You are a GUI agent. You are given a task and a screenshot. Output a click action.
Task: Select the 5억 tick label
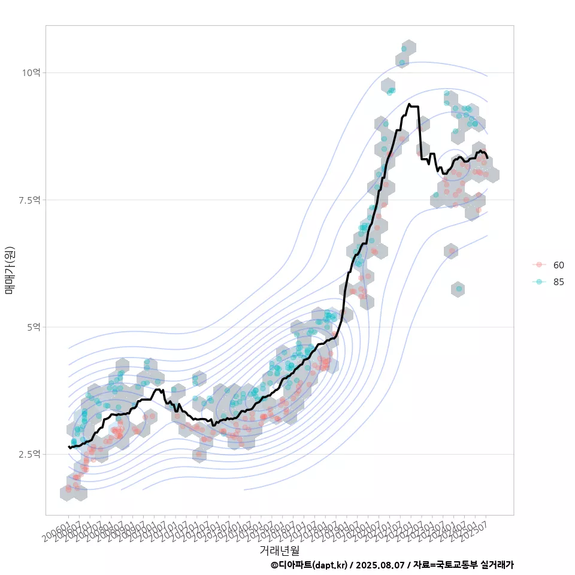click(x=34, y=327)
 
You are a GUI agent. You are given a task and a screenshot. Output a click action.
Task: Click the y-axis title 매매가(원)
click(x=10, y=270)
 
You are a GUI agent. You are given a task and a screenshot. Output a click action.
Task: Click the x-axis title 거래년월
click(x=279, y=550)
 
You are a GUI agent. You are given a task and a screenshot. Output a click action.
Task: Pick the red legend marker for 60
click(x=539, y=265)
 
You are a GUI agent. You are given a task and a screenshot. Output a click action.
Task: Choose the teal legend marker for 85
click(x=539, y=282)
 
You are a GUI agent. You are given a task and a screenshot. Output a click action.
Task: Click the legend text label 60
click(x=558, y=265)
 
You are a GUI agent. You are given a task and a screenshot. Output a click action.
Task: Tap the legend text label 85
click(x=558, y=282)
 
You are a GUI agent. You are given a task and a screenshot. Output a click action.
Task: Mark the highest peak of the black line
click(x=409, y=104)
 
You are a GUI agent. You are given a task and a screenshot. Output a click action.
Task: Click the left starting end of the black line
click(x=69, y=447)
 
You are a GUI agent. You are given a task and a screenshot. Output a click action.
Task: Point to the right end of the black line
click(x=488, y=158)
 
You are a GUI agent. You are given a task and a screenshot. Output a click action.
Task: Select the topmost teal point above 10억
click(x=404, y=49)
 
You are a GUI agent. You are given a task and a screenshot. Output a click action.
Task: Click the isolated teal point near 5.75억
click(x=459, y=289)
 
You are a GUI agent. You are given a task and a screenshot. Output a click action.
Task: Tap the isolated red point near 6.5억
click(x=452, y=251)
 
